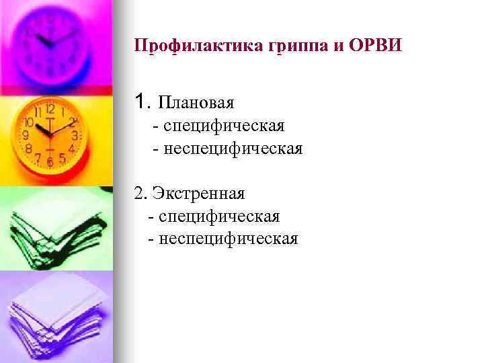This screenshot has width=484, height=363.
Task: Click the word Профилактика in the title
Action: point(190,46)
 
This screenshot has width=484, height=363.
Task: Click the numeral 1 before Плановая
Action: point(139,102)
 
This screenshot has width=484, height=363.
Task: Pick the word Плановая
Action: point(196,103)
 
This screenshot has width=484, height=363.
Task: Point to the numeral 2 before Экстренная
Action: point(138,194)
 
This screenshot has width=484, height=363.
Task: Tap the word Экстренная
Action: point(199,194)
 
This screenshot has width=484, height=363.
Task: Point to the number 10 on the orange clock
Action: point(29,123)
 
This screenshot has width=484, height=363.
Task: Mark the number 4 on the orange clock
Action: point(71,147)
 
